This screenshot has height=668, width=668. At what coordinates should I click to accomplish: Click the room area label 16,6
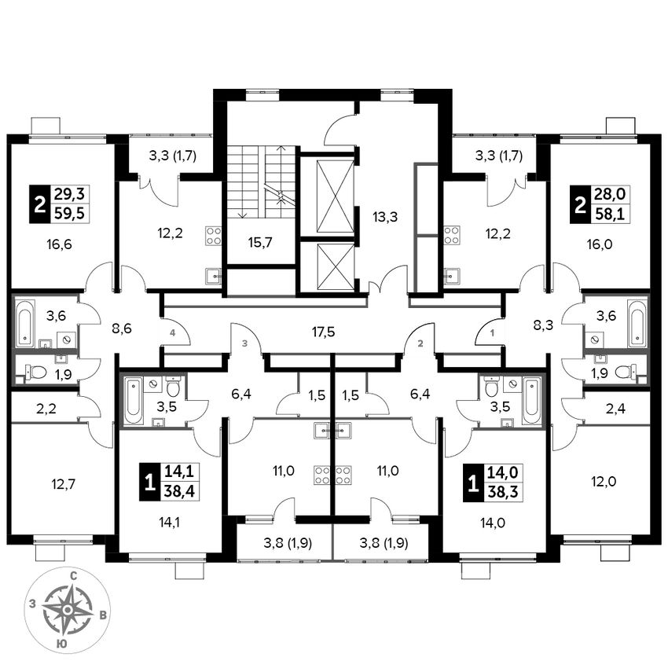(x=60, y=244)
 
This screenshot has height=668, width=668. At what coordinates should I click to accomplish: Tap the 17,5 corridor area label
(x=323, y=332)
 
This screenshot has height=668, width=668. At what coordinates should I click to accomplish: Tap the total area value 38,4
(x=178, y=494)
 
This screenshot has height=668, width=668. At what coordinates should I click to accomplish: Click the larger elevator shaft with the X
(x=328, y=196)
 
